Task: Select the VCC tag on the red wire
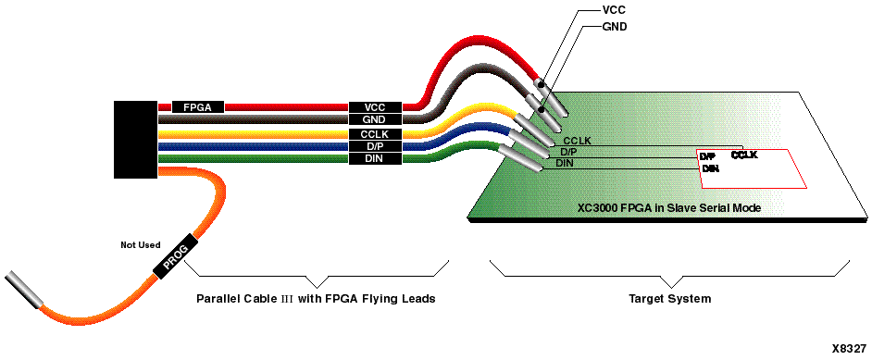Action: (x=375, y=107)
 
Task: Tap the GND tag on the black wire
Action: (x=375, y=120)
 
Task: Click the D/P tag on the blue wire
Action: (x=375, y=146)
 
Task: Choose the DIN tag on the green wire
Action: (x=375, y=159)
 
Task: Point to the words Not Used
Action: (x=141, y=245)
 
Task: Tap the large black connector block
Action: (x=135, y=139)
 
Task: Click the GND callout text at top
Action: (x=616, y=27)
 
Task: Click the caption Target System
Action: (x=670, y=299)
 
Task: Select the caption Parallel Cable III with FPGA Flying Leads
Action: (x=316, y=299)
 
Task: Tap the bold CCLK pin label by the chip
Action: (x=744, y=155)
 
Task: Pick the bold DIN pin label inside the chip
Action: (x=710, y=168)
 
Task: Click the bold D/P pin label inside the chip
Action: (x=708, y=156)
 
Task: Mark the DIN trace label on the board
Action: (x=564, y=163)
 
